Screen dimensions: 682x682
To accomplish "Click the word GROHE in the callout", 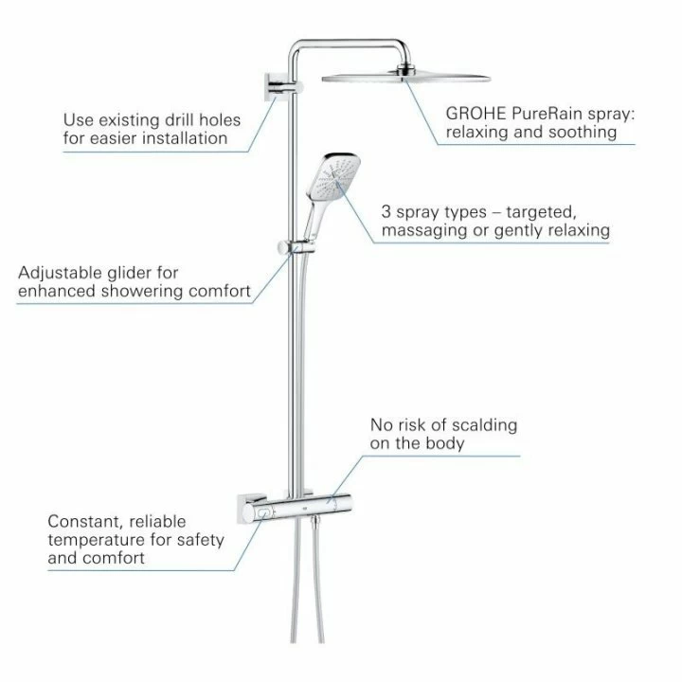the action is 476,114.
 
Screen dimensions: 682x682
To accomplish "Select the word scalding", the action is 484,426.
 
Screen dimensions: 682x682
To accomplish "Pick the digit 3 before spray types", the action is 386,212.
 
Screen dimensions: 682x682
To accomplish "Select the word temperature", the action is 97,541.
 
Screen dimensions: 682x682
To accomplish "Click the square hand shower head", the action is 335,176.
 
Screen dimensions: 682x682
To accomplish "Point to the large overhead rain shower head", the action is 405,76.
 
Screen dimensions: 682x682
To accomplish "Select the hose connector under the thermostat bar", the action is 314,521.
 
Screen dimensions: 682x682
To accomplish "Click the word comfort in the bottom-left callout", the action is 118,559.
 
